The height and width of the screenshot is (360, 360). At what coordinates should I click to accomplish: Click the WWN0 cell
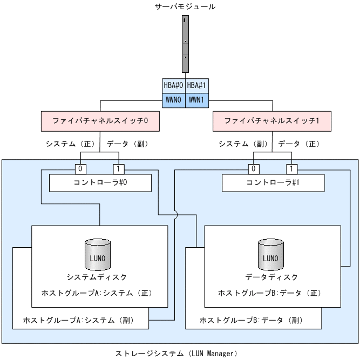[174, 100]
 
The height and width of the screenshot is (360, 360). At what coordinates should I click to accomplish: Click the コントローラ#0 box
[100, 182]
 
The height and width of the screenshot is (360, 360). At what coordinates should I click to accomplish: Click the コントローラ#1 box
[273, 182]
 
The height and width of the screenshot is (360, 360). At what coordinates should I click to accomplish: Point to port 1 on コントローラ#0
[118, 168]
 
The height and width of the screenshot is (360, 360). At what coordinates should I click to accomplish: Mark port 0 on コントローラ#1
[252, 168]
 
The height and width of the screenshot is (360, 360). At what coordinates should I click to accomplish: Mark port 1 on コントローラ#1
[291, 168]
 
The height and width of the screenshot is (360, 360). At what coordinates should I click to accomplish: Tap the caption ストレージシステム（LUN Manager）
[176, 354]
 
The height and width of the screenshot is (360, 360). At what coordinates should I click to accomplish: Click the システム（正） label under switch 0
[71, 144]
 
